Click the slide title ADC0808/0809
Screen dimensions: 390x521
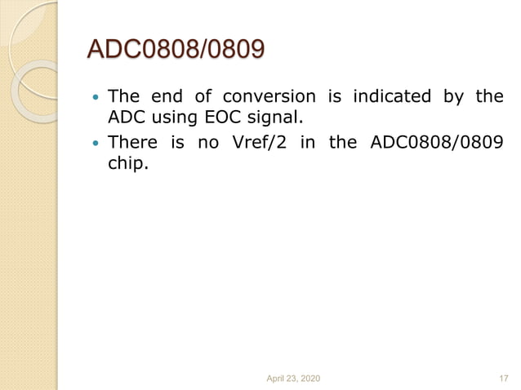click(x=176, y=51)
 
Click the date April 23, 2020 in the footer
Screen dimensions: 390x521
click(x=294, y=378)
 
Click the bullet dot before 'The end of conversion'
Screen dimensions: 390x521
click(x=95, y=97)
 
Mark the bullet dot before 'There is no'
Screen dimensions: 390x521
click(x=95, y=143)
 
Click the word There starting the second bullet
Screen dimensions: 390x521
click(x=133, y=142)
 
